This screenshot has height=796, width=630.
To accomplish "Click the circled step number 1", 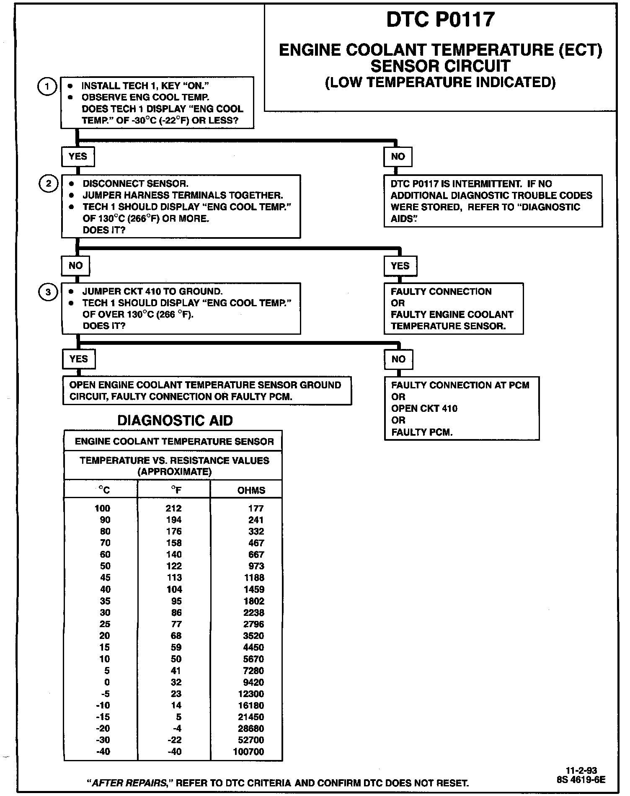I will click(x=47, y=87).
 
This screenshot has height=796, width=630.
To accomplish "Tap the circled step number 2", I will click(x=49, y=184).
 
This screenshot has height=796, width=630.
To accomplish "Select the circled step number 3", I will click(x=48, y=292).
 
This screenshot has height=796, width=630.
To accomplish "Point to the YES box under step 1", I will click(x=78, y=157).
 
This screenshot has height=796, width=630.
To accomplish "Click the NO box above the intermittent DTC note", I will click(x=398, y=157).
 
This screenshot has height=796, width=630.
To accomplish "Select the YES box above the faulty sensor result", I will click(x=400, y=266).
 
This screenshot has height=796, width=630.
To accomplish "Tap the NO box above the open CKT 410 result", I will click(x=398, y=359).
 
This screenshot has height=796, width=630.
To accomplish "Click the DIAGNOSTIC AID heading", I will click(x=175, y=420).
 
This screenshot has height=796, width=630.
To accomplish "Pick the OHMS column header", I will click(x=251, y=490).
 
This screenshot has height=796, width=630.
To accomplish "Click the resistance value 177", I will click(x=256, y=509).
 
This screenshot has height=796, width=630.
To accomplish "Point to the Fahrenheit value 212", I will click(x=173, y=509).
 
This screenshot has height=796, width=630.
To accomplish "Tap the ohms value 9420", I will click(x=253, y=682).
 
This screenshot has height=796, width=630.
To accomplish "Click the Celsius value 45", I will click(x=105, y=578).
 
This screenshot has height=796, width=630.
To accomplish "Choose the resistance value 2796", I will click(x=253, y=624).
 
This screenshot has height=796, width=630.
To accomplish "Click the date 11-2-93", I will click(x=581, y=770).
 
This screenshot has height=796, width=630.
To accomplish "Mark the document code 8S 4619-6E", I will click(x=581, y=780).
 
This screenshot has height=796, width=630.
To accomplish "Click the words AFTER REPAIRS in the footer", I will click(x=129, y=783).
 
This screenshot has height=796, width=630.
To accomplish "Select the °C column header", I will click(x=104, y=490).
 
